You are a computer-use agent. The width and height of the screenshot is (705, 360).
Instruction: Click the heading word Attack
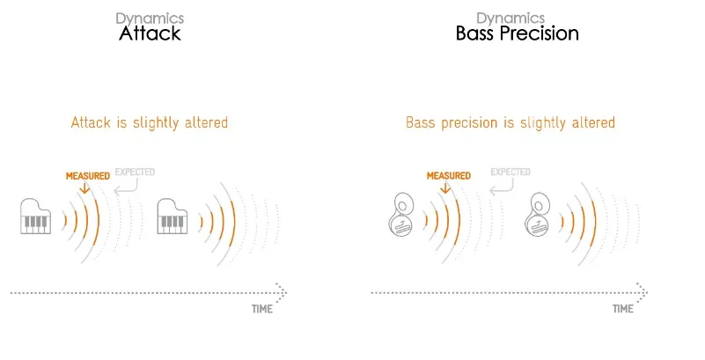pyautogui.click(x=150, y=33)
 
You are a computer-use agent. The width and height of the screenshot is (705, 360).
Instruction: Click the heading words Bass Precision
pyautogui.click(x=517, y=33)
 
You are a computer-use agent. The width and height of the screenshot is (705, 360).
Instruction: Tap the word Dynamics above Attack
pyautogui.click(x=150, y=18)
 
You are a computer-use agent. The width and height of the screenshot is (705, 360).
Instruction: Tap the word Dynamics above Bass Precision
pyautogui.click(x=510, y=18)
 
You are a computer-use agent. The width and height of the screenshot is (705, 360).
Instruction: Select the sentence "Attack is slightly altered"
pyautogui.click(x=150, y=122)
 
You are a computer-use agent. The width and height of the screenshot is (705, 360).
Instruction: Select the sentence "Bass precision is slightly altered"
pyautogui.click(x=510, y=122)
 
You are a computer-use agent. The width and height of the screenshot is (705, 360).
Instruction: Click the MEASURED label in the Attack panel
pyautogui.click(x=88, y=176)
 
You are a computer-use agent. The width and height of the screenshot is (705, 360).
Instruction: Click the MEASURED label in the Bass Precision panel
pyautogui.click(x=449, y=176)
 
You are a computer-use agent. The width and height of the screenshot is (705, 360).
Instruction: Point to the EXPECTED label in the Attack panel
pyautogui.click(x=135, y=172)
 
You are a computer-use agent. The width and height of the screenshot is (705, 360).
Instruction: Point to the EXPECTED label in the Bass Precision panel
pyautogui.click(x=510, y=172)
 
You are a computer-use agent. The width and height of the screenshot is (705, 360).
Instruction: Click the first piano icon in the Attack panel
pyautogui.click(x=35, y=217)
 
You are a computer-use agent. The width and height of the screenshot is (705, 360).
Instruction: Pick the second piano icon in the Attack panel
pyautogui.click(x=173, y=217)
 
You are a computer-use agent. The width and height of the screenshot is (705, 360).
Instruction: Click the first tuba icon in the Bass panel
pyautogui.click(x=400, y=214)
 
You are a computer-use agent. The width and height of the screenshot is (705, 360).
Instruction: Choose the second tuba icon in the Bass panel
pyautogui.click(x=537, y=214)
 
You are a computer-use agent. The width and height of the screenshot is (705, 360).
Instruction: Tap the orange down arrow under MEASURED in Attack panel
pyautogui.click(x=84, y=187)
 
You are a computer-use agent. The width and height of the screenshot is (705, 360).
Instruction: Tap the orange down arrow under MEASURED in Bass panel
pyautogui.click(x=445, y=187)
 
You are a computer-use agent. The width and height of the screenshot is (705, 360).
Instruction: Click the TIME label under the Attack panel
pyautogui.click(x=262, y=309)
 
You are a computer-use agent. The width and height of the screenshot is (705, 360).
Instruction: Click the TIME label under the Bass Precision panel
pyautogui.click(x=623, y=309)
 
